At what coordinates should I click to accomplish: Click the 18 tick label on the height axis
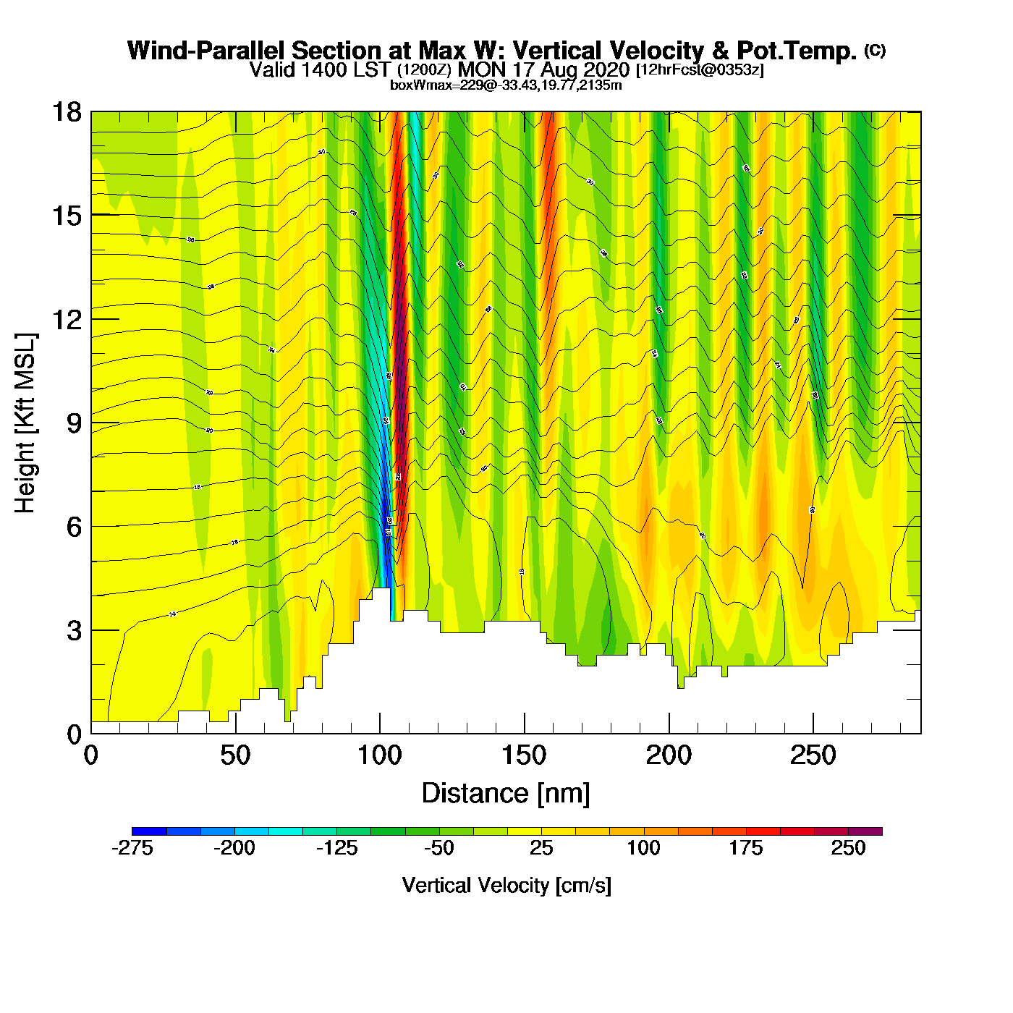pyautogui.click(x=66, y=113)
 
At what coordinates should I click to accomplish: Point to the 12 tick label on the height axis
pyautogui.click(x=66, y=320)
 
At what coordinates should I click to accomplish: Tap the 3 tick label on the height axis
pyautogui.click(x=74, y=631)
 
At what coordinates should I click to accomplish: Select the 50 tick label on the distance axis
pyautogui.click(x=235, y=756)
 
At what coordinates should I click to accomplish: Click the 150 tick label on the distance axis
pyautogui.click(x=524, y=756)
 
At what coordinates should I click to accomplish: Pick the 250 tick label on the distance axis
pyautogui.click(x=813, y=756)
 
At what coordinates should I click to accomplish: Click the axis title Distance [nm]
pyautogui.click(x=506, y=794)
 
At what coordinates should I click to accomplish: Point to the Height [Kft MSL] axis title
pyautogui.click(x=25, y=423)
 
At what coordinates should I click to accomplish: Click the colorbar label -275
pyautogui.click(x=132, y=849)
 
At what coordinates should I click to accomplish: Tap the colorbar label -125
pyautogui.click(x=337, y=849)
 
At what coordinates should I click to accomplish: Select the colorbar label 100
pyautogui.click(x=643, y=849)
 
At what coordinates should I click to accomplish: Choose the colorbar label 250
pyautogui.click(x=848, y=849)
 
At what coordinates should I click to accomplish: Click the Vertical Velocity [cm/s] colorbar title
pyautogui.click(x=506, y=886)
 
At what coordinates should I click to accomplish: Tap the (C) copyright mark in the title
pyautogui.click(x=875, y=50)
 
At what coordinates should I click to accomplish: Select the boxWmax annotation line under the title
pyautogui.click(x=506, y=85)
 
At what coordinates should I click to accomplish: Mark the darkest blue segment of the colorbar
pyautogui.click(x=149, y=831)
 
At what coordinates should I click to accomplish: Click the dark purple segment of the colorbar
pyautogui.click(x=865, y=831)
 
